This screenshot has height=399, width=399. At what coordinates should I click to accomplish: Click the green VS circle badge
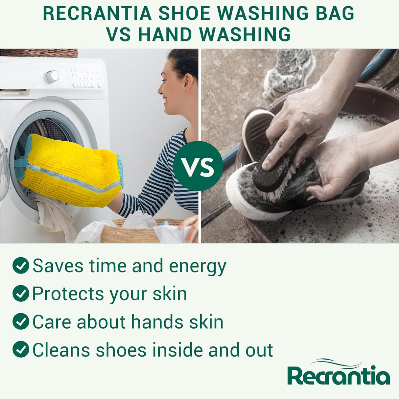tap(198, 166)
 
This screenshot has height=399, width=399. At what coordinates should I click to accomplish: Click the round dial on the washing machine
tap(53, 76)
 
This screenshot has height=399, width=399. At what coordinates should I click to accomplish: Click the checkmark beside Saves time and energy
tap(21, 266)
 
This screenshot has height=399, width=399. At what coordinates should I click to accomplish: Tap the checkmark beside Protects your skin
tap(21, 293)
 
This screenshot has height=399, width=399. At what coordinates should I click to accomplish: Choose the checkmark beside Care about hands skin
tap(21, 321)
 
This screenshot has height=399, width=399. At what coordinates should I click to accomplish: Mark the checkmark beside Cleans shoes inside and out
tap(21, 349)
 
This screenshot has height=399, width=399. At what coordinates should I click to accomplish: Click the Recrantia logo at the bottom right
tap(339, 373)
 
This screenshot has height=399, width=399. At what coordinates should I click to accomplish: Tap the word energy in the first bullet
tap(198, 266)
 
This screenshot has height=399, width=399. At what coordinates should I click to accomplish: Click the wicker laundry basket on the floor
tap(131, 232)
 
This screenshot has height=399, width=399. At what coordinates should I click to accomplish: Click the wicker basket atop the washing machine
tap(39, 53)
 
